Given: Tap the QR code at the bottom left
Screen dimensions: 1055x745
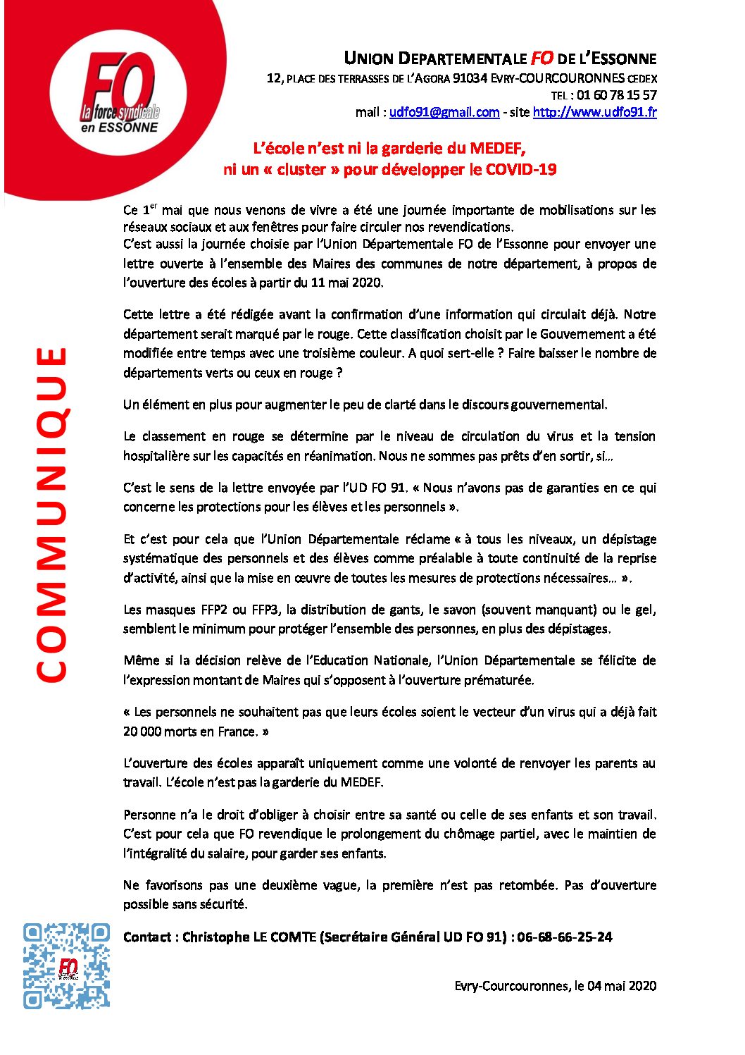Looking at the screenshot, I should (66, 965).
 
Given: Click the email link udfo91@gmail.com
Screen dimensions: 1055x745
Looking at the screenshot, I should (444, 112).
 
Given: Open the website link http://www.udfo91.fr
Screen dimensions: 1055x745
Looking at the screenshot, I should (594, 112).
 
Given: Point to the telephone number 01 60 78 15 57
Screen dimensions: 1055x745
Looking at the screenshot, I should (616, 95).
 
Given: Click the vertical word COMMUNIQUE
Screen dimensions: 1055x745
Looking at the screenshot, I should (51, 514).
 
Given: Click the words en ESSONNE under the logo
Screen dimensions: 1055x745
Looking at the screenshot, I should (119, 128).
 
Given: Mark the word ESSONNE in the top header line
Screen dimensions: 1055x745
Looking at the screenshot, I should (624, 58).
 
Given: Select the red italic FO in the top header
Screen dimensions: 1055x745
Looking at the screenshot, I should (541, 58).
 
